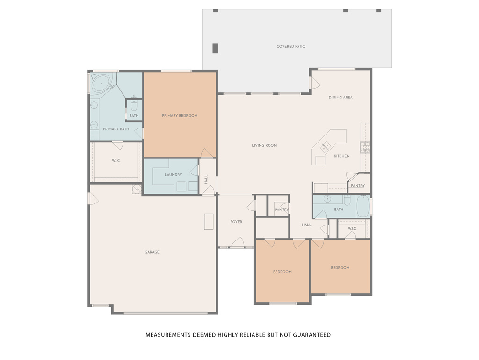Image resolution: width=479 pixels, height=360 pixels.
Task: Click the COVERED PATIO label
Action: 291,46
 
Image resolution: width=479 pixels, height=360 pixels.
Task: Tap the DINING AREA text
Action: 341,97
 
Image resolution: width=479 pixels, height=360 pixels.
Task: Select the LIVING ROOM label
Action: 264,145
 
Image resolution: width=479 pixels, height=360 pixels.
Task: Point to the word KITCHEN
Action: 341,156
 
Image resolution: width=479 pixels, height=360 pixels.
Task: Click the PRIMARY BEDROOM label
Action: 180,115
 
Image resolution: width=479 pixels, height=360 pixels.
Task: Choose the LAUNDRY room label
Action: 173,175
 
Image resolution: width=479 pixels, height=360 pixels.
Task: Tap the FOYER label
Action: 236,222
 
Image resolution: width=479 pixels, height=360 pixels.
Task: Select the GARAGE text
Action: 152,252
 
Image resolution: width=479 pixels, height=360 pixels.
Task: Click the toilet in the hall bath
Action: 347,200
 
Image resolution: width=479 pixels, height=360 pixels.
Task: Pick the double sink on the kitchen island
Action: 325,147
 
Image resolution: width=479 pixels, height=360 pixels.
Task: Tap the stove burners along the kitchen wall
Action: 365,147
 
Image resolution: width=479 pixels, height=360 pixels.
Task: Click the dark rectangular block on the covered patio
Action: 215,48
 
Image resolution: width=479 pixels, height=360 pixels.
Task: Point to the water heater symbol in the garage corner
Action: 137,189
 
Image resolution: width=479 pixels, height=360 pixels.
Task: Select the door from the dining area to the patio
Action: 314,83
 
